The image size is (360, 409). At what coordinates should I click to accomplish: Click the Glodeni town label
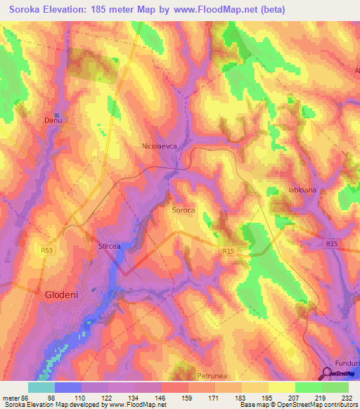[65, 296]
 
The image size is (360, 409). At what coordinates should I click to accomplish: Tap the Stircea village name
[109, 247]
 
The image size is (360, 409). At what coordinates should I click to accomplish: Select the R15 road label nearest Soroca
[228, 252]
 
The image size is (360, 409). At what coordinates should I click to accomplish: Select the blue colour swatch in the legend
[67, 387]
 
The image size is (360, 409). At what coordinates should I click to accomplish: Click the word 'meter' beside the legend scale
[8, 397]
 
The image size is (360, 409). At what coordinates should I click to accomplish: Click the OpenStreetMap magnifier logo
[330, 372]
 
